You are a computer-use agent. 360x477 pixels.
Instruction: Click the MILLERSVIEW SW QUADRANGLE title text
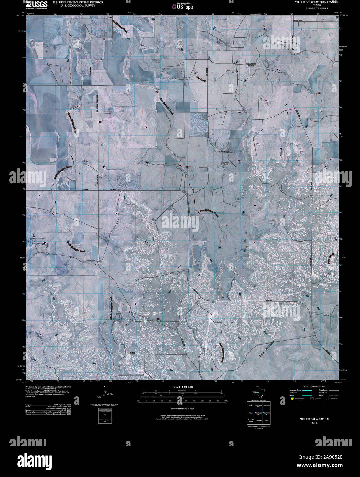tap(316, 2)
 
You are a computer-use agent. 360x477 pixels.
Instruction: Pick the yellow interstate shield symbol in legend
tap(292, 399)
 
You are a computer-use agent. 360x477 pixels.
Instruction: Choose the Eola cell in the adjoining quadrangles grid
tap(251, 405)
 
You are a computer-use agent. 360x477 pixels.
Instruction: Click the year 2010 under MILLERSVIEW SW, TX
tap(314, 423)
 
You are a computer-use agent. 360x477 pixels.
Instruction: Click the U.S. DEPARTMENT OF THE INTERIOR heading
tap(78, 2)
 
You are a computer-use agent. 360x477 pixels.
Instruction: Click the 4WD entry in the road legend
tap(321, 395)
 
